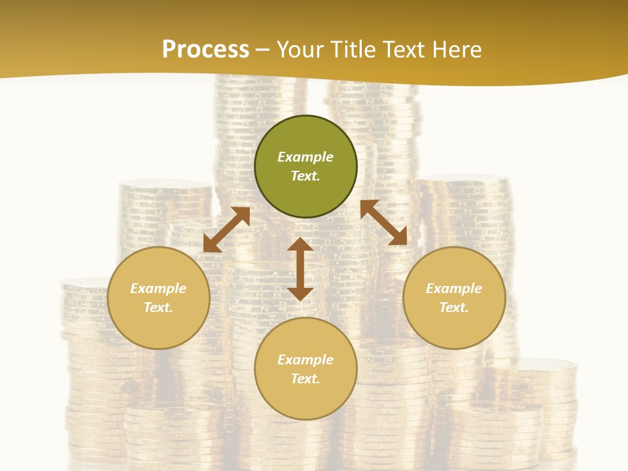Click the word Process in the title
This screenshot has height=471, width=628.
point(205,50)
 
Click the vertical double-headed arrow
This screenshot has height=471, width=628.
point(300,269)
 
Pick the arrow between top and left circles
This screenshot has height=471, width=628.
point(226,230)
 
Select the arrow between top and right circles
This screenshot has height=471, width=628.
point(383,222)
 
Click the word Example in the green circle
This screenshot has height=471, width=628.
point(305,157)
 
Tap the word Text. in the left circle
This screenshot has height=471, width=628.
point(158,307)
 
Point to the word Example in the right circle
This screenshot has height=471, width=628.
point(454,288)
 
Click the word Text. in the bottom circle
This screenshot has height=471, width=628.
point(305,379)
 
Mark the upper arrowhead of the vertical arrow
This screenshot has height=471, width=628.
point(300,245)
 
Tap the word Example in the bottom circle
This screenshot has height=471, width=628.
point(305,360)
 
